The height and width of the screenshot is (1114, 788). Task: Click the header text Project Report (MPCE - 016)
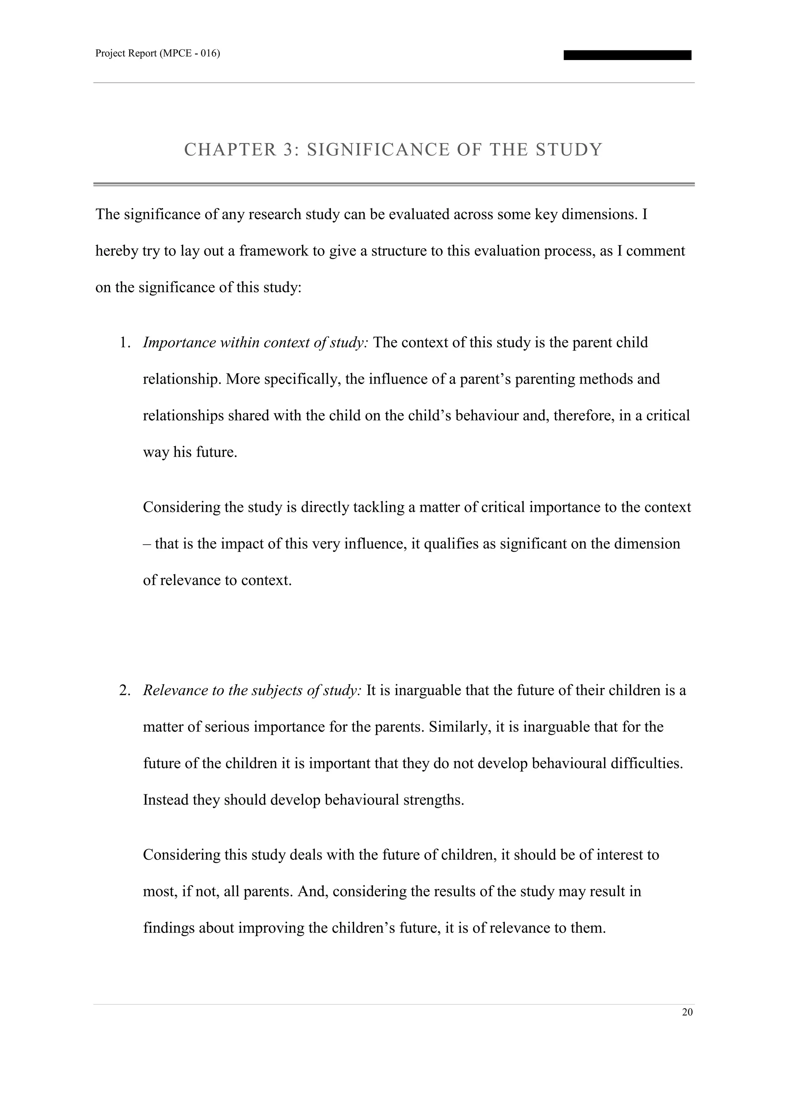click(158, 53)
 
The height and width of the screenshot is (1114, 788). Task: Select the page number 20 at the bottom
click(687, 1012)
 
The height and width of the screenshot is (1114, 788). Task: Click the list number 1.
click(125, 342)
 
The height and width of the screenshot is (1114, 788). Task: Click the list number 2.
click(125, 690)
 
